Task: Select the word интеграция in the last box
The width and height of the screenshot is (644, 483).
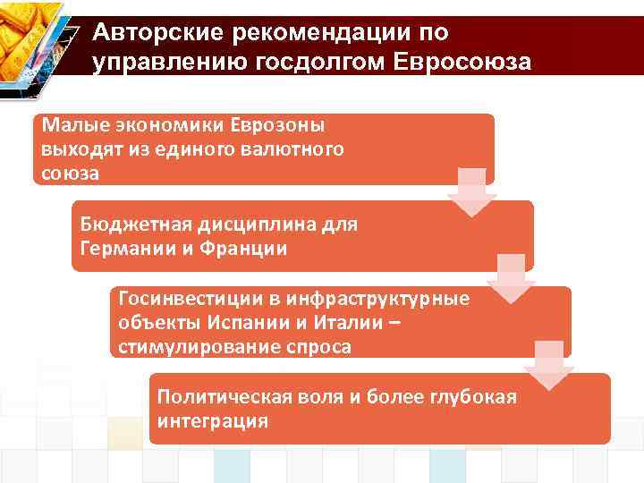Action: coord(212,420)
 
